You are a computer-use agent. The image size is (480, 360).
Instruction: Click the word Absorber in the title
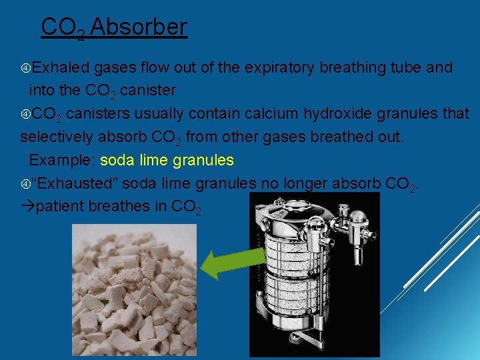(139, 27)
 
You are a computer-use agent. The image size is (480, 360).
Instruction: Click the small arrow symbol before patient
(27, 206)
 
